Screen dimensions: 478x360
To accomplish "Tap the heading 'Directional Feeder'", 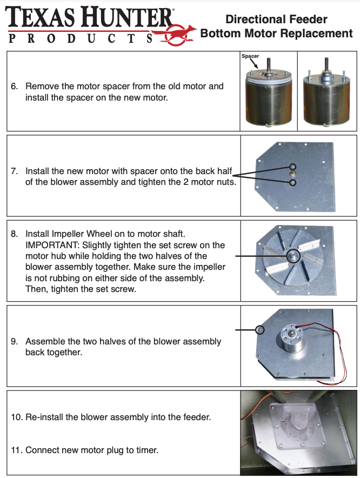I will point(276,19).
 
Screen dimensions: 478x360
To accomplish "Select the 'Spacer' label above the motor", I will point(250,56).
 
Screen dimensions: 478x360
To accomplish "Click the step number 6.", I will point(15,86).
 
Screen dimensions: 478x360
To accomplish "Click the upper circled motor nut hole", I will point(293,167).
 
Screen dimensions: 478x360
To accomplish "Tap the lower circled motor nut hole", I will point(293,183).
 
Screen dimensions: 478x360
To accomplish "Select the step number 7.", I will point(15,171).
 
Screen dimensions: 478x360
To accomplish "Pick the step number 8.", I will point(15,234).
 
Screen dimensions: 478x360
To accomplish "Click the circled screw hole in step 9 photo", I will point(260,329).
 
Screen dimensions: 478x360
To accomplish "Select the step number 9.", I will point(15,342).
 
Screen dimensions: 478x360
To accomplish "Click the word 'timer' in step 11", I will point(146,450).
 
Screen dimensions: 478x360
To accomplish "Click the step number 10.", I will point(16,417).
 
